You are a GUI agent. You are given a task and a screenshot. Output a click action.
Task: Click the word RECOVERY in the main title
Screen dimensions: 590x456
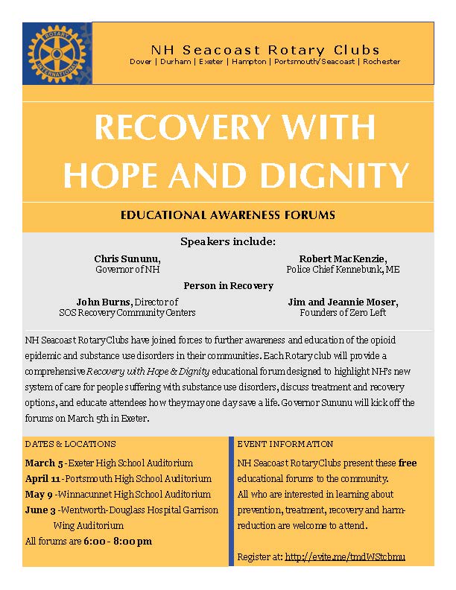tap(177, 128)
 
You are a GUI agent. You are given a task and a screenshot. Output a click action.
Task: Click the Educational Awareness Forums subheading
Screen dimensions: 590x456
tap(227, 215)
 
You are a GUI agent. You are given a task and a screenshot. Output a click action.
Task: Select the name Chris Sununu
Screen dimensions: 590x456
tap(127, 258)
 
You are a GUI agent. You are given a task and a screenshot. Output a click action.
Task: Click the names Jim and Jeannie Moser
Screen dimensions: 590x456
tap(343, 302)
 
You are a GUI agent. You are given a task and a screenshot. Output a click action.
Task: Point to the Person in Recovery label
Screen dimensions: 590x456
tap(228, 285)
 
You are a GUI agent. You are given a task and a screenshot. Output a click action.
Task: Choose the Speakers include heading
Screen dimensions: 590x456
tap(228, 241)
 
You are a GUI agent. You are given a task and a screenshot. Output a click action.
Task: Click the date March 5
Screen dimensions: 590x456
tap(43, 463)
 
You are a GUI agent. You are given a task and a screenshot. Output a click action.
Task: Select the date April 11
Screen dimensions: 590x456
tap(42, 478)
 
